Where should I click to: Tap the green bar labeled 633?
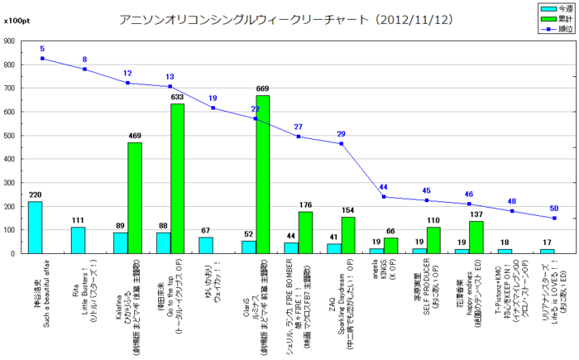[177, 178]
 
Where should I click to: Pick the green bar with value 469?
[134, 197]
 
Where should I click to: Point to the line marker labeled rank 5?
[42, 59]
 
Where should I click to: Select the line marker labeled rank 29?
[341, 144]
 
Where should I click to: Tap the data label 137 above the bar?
[476, 215]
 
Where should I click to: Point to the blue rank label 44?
[384, 187]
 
